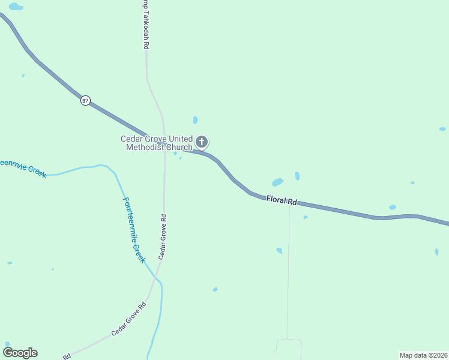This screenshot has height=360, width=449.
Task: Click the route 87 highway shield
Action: click(85, 101)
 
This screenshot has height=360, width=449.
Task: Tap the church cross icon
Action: click(202, 142)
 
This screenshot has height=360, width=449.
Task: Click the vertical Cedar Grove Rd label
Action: click(161, 236)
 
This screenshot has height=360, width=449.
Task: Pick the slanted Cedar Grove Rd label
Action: click(128, 320)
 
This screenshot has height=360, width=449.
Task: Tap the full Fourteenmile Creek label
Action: click(134, 230)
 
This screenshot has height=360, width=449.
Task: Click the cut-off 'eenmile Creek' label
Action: click(22, 167)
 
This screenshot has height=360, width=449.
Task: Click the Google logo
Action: click(20, 353)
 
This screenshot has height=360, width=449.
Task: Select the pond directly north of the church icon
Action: click(195, 120)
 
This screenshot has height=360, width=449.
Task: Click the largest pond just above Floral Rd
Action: click(277, 182)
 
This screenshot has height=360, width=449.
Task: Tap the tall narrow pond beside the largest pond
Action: click(297, 176)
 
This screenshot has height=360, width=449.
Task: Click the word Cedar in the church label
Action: click(131, 139)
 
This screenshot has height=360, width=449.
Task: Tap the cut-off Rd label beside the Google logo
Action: click(67, 356)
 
